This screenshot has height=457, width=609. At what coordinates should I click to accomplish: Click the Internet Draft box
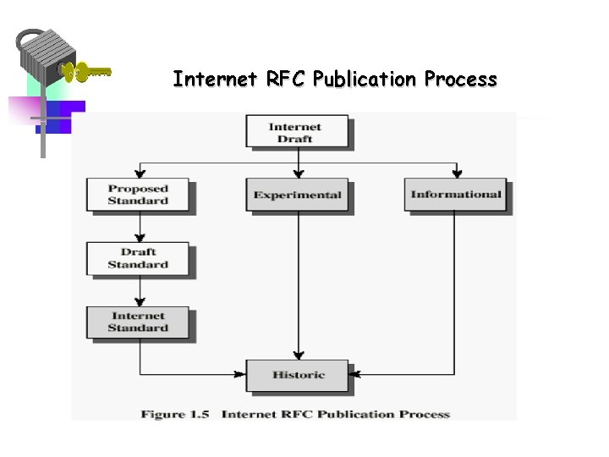pyautogui.click(x=296, y=133)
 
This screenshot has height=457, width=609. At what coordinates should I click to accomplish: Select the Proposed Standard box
pyautogui.click(x=138, y=195)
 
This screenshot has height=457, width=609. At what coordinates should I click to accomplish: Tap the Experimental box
pyautogui.click(x=297, y=195)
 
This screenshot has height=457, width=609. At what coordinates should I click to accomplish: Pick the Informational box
pyautogui.click(x=455, y=195)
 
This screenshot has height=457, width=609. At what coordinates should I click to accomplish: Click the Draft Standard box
pyautogui.click(x=138, y=258)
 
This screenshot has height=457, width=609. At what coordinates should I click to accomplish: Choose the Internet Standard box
pyautogui.click(x=138, y=322)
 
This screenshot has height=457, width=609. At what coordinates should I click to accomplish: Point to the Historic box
pyautogui.click(x=297, y=375)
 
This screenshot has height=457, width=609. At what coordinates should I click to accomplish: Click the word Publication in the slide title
pyautogui.click(x=365, y=80)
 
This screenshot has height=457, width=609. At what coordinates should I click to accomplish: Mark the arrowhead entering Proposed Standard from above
pyautogui.click(x=140, y=173)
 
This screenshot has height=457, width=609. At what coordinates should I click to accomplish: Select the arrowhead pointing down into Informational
pyautogui.click(x=457, y=173)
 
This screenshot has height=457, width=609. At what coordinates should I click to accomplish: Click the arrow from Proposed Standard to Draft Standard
pyautogui.click(x=140, y=228)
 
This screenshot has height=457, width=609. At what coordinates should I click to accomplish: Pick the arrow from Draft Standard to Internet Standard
pyautogui.click(x=140, y=290)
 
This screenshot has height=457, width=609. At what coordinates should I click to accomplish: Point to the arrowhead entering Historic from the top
pyautogui.click(x=298, y=355)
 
